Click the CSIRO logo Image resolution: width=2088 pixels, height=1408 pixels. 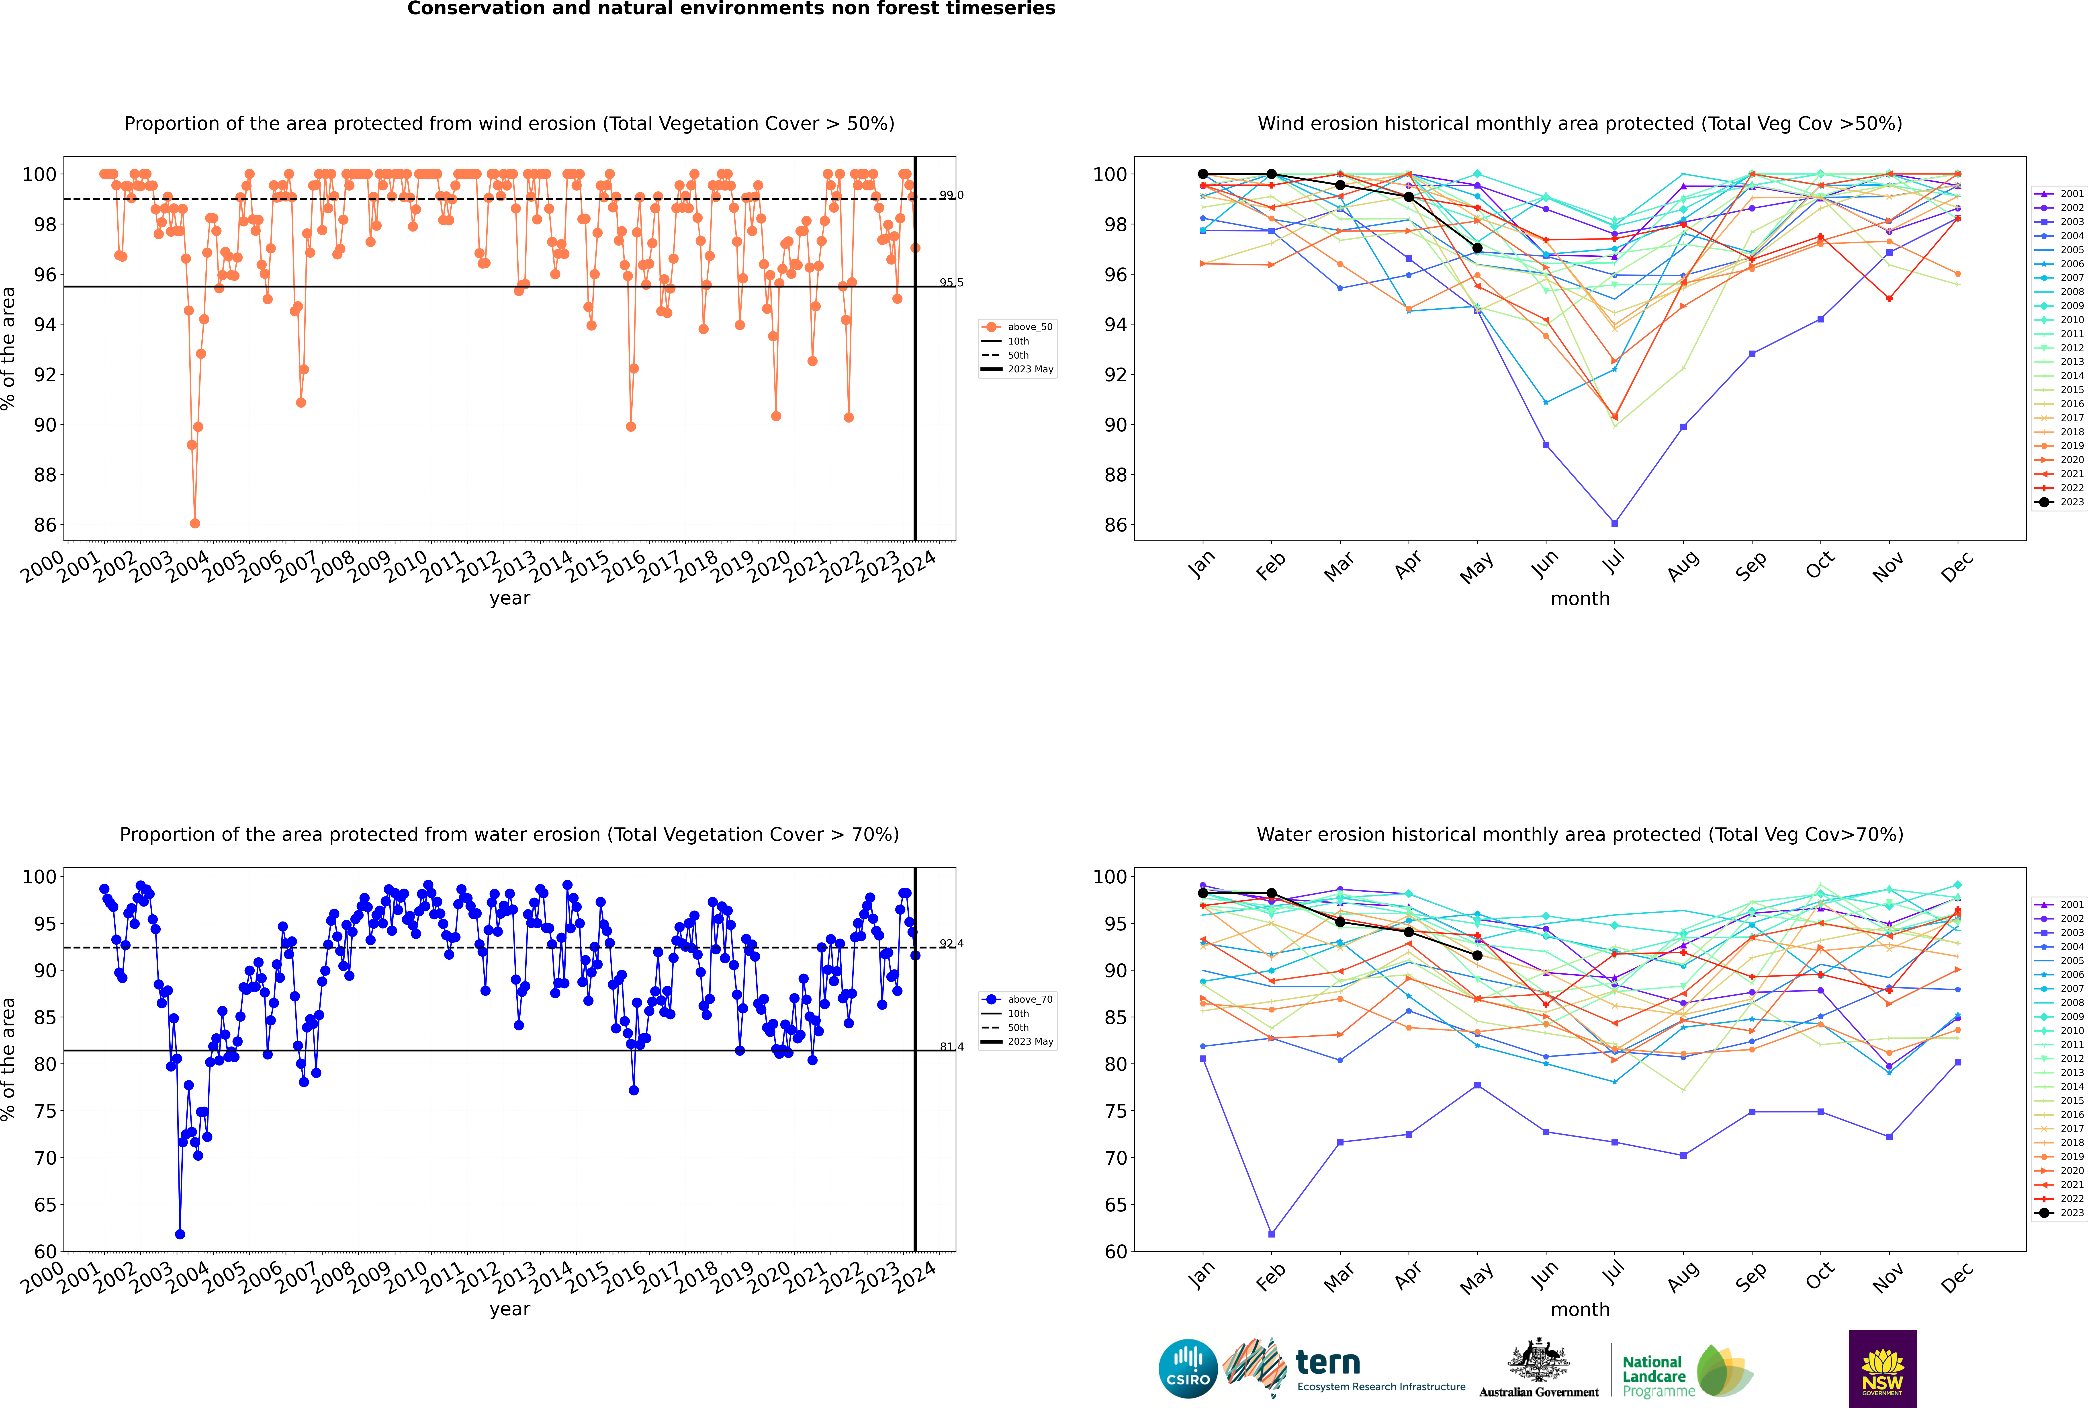[1188, 1369]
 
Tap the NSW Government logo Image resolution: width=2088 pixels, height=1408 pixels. [1882, 1368]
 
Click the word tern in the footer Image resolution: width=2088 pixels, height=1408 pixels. [1328, 1363]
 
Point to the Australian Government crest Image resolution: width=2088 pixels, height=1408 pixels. [1539, 1360]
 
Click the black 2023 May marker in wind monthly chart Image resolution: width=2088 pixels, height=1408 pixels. [1477, 248]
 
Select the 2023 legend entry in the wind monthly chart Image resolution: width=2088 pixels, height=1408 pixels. [2059, 502]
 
